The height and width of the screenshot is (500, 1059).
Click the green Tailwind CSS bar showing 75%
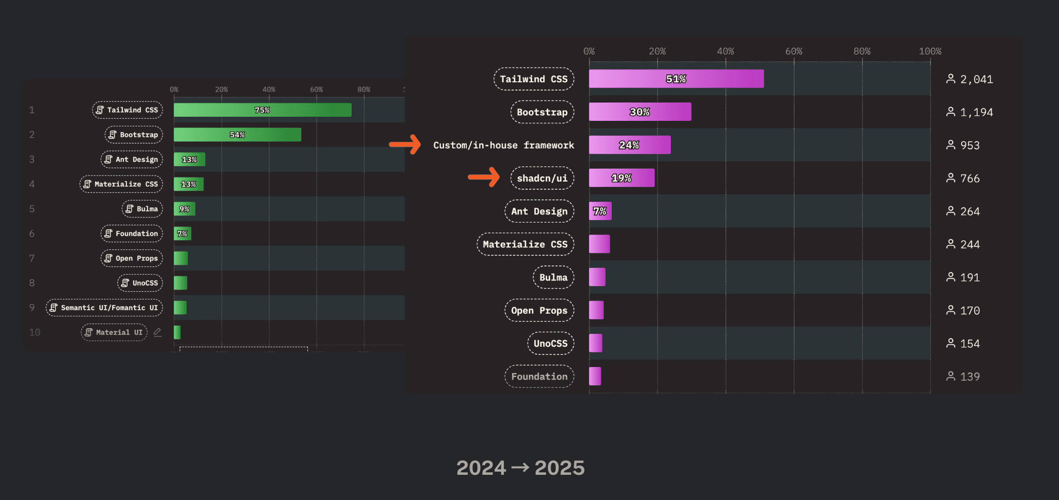[x=262, y=110]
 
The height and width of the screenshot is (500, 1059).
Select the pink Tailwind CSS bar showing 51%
[x=676, y=79]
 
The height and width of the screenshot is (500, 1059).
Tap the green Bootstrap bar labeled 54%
[x=237, y=135]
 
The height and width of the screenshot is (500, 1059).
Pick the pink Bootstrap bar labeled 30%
[x=640, y=112]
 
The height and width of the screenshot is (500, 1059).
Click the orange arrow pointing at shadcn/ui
[x=484, y=177]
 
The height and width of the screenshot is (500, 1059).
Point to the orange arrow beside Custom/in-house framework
[x=405, y=145]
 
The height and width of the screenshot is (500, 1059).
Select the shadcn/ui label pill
[x=542, y=178]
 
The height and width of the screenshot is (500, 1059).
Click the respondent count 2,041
[x=976, y=79]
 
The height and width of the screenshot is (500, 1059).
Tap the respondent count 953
[x=970, y=145]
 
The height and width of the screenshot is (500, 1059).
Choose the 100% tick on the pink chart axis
[x=930, y=51]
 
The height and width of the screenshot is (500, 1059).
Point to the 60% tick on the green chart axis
[x=316, y=90]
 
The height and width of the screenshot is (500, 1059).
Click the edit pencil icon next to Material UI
[x=158, y=332]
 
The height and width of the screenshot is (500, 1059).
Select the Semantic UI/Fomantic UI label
[x=104, y=308]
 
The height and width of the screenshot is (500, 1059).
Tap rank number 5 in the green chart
[x=32, y=209]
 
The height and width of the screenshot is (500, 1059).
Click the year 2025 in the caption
[x=559, y=468]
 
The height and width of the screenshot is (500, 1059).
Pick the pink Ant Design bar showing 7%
[x=600, y=211]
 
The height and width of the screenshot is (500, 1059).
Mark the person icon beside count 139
[x=951, y=376]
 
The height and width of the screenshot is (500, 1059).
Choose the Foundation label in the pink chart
[x=539, y=377]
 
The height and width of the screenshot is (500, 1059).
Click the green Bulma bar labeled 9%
[x=184, y=209]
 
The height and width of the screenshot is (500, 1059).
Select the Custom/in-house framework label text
[x=503, y=145]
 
